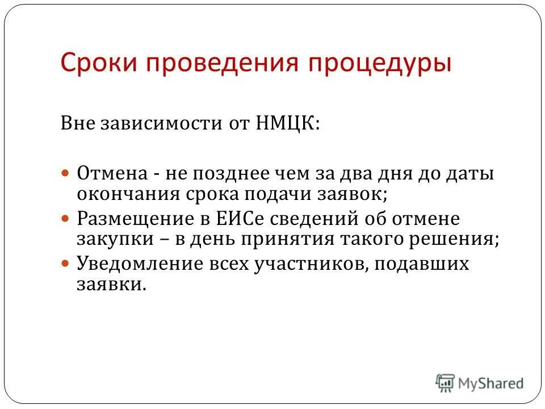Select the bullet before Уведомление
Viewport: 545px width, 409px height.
pos(65,264)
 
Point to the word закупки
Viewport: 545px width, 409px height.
pos(110,239)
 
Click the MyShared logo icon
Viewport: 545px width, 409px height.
pos(446,382)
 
